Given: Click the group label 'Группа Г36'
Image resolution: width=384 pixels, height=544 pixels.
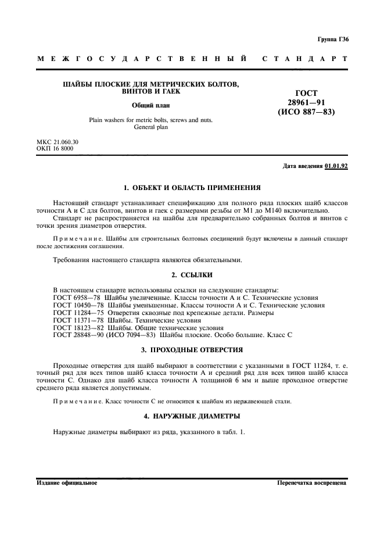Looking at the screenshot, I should pos(333,40).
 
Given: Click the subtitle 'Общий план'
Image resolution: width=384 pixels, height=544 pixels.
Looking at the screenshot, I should pos(150,105).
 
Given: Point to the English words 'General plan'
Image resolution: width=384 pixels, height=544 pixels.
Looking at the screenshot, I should pos(150,127).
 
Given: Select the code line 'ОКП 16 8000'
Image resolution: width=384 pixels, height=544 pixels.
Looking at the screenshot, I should pos(55,149).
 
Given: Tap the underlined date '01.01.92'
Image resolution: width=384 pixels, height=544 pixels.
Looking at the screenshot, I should pos(336,166).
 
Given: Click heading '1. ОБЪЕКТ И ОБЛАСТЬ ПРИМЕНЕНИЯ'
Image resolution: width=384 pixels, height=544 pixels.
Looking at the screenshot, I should pos(192,188).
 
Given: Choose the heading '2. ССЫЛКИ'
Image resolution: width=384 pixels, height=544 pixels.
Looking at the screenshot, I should pos(192,274).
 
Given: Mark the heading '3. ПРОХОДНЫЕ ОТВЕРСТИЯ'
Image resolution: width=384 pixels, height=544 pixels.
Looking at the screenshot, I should pos(192,350).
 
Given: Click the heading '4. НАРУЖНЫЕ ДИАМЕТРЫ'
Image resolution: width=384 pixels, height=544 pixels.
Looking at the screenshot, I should pos(192,416).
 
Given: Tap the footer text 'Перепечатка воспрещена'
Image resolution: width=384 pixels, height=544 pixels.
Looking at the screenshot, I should pos(312,483).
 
